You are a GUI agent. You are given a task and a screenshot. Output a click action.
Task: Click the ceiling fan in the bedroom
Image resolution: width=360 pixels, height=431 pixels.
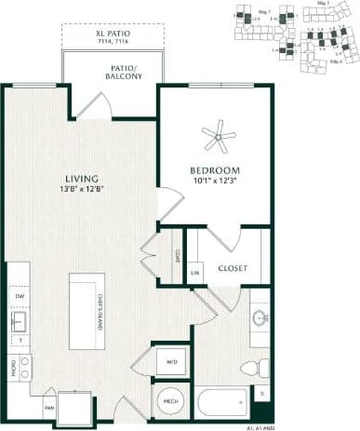(219, 138)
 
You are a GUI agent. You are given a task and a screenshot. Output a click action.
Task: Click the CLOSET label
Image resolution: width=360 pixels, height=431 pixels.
(233, 268)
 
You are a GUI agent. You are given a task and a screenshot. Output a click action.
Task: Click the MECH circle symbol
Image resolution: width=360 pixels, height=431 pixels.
(171, 402)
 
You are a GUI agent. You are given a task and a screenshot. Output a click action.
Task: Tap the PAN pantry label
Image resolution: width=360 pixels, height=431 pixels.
(48, 407)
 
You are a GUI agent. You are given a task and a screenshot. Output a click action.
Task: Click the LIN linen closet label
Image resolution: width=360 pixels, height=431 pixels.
(195, 272)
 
